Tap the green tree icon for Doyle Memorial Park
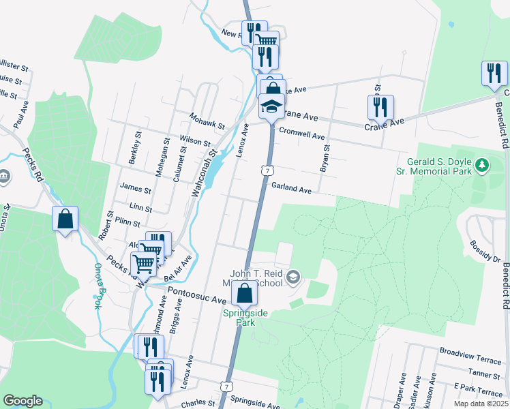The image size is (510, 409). coord(483,164)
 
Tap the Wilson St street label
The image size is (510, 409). coord(195,140)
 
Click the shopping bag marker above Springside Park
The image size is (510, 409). coord(244,294)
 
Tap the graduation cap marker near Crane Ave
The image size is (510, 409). coord(271,106)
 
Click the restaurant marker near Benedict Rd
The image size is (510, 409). coord(494,73)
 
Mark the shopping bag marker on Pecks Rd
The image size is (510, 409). coord(65,219)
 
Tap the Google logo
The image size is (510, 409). coord(22,401)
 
